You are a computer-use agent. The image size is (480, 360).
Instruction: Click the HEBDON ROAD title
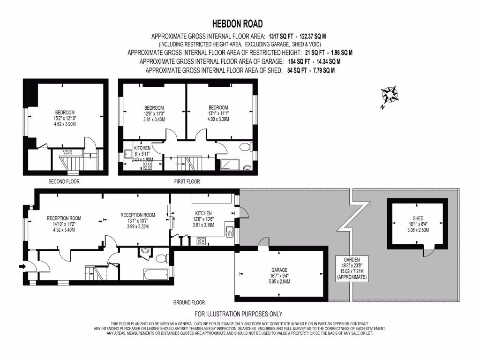[238, 23]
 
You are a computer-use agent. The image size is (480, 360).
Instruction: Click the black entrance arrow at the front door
[22, 266]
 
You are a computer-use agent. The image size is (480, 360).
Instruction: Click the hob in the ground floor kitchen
[201, 241]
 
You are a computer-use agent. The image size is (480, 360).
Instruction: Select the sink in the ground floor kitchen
[229, 231]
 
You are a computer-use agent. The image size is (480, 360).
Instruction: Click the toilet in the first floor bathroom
[245, 148]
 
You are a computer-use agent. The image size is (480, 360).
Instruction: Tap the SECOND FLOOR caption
[64, 181]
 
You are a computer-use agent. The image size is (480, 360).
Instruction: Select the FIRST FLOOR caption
[186, 181]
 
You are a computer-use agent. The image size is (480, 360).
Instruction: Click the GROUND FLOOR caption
[189, 302]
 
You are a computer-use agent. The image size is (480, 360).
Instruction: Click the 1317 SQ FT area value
[283, 36]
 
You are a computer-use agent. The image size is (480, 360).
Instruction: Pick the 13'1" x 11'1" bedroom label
[219, 113]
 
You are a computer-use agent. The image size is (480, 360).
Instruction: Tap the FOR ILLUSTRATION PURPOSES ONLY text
[239, 314]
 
